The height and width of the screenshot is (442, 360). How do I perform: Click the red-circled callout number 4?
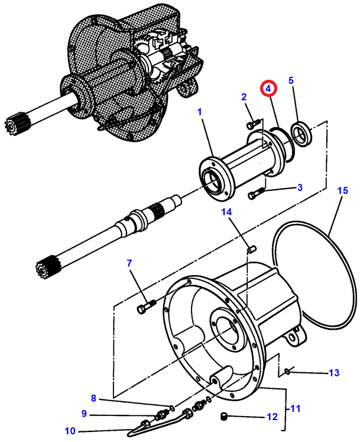click(x=268, y=89)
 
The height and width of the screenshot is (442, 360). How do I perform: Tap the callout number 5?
click(x=291, y=80)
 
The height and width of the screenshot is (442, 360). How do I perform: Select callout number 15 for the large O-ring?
click(x=342, y=190)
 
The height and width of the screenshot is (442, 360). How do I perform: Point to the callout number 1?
click(x=200, y=112)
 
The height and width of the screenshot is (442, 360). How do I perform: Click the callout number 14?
click(x=226, y=212)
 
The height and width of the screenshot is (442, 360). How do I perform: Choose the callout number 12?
click(x=272, y=417)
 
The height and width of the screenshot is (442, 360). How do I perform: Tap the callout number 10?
click(x=70, y=431)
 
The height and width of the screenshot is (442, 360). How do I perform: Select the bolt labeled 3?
click(x=256, y=193)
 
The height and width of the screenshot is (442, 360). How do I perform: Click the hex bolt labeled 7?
click(x=147, y=306)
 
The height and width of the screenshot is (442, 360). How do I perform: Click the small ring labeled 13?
click(x=287, y=372)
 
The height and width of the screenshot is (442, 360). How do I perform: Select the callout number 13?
click(x=334, y=373)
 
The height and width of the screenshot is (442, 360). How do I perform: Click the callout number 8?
click(x=93, y=398)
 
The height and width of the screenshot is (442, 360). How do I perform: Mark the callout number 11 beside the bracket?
click(x=295, y=408)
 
